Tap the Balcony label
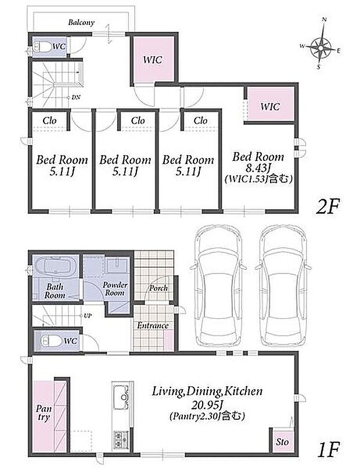[x=81, y=23]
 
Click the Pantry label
[x=44, y=412]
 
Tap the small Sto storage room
[x=282, y=441]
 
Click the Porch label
[x=159, y=288]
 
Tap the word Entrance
[x=153, y=325]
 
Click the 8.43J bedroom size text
[x=258, y=168]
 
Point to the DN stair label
[x=75, y=98]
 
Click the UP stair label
[x=88, y=315]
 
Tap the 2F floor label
[x=328, y=206]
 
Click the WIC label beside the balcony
[x=153, y=60]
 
